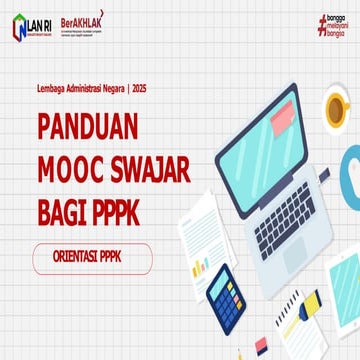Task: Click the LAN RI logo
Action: click(31, 27)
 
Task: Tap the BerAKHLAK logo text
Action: click(107, 21)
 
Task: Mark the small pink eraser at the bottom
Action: click(262, 344)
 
